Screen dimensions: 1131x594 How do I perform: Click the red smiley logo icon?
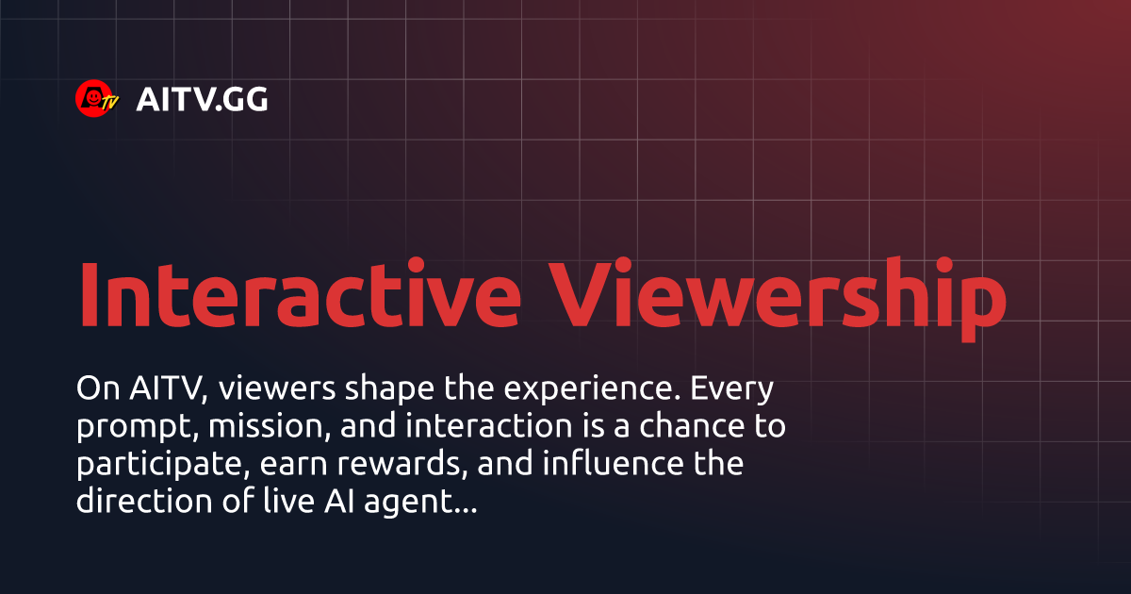click(96, 98)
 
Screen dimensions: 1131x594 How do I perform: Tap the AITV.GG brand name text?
click(202, 100)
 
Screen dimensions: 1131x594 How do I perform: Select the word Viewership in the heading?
click(778, 299)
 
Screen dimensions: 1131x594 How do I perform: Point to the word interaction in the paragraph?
click(489, 426)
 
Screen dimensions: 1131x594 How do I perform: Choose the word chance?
click(692, 425)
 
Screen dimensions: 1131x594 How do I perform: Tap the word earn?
click(294, 465)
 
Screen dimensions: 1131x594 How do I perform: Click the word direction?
click(144, 501)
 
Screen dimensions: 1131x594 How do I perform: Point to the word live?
click(282, 501)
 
